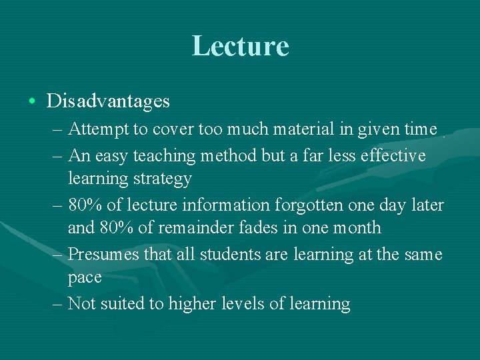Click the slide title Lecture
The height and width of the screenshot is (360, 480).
pyautogui.click(x=240, y=46)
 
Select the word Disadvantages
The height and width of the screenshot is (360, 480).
pyautogui.click(x=108, y=101)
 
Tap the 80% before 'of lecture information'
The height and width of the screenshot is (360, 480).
pyautogui.click(x=85, y=205)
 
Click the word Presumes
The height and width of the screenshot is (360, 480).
pyautogui.click(x=103, y=255)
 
